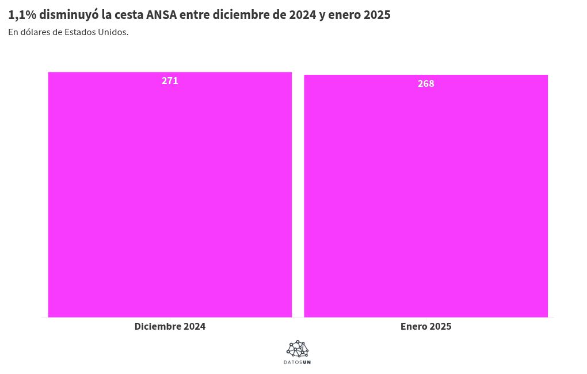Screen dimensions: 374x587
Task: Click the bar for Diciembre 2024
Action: tap(170, 196)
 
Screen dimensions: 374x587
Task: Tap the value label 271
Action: tap(170, 81)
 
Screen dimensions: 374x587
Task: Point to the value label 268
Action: tap(426, 83)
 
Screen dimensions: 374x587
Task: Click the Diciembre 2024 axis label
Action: tap(170, 326)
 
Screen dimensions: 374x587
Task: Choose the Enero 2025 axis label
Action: tap(426, 326)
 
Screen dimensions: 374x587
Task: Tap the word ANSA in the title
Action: tap(161, 15)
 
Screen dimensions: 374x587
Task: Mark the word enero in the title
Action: tap(344, 15)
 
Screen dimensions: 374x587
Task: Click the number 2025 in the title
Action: tap(377, 15)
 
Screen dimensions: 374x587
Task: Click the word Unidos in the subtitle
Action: tap(113, 32)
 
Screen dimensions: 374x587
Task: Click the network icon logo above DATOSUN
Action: tap(298, 349)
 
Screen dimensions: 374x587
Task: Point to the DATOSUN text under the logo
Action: tap(298, 362)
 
